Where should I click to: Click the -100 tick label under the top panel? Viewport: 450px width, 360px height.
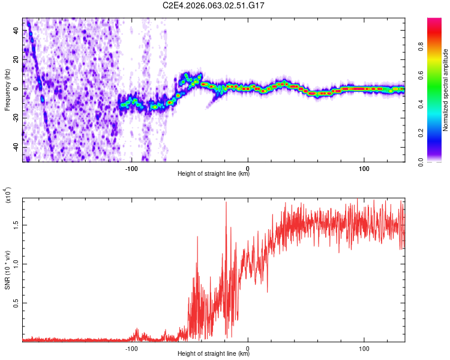pyautogui.click(x=131, y=167)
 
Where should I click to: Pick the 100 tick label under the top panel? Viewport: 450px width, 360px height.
pyautogui.click(x=364, y=167)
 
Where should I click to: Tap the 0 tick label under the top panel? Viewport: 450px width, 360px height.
pyautogui.click(x=248, y=167)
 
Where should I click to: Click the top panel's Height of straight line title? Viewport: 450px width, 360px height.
pyautogui.click(x=214, y=174)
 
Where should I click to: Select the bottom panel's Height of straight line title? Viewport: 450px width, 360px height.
pyautogui.click(x=214, y=353)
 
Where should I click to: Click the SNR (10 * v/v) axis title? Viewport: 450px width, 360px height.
pyautogui.click(x=8, y=264)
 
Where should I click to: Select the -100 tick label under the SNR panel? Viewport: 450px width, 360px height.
pyautogui.click(x=131, y=347)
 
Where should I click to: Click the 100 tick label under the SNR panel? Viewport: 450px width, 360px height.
pyautogui.click(x=364, y=347)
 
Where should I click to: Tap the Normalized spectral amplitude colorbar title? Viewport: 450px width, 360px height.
pyautogui.click(x=446, y=90)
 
